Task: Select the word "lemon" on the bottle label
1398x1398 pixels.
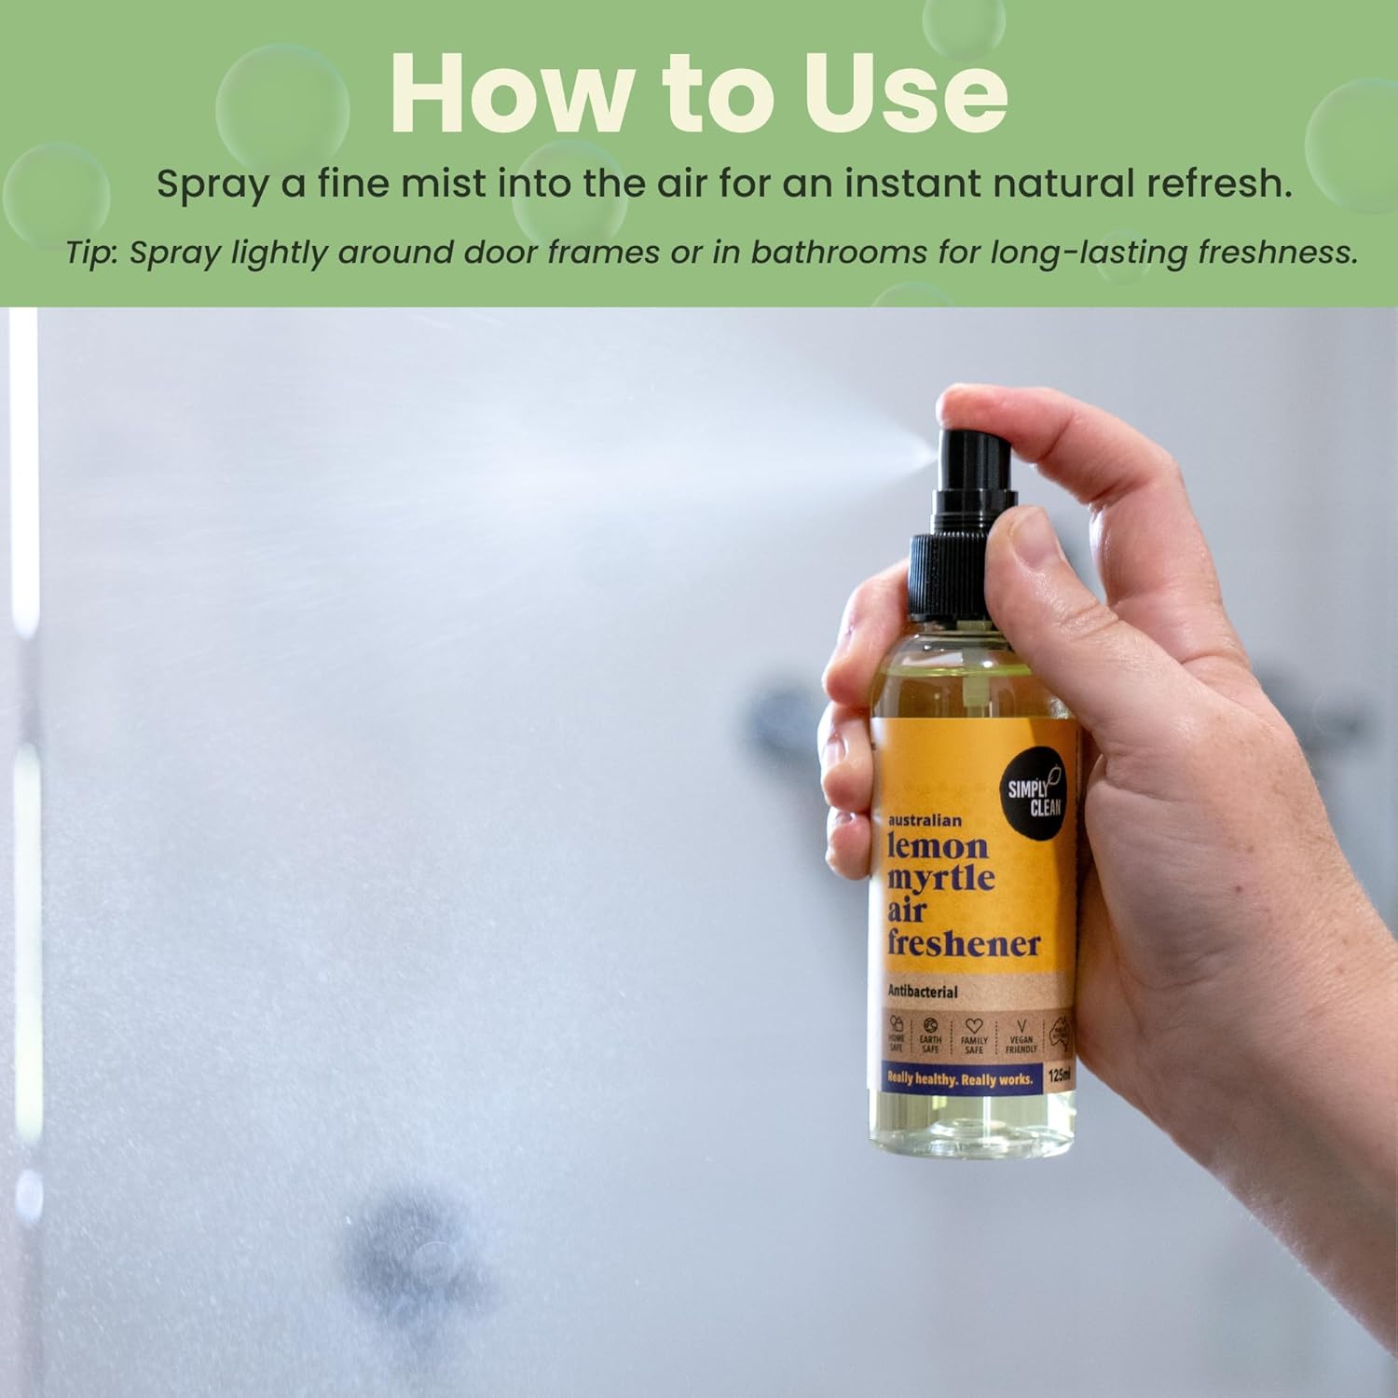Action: click(x=937, y=846)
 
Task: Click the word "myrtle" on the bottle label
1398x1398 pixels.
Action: click(x=940, y=878)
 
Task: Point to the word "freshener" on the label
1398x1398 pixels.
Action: click(x=963, y=943)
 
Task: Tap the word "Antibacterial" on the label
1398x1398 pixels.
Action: click(x=922, y=992)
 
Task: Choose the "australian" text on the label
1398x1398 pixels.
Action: click(x=924, y=820)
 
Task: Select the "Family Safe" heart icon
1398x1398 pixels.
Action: click(x=974, y=1026)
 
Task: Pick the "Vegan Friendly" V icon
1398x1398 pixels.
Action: click(x=1021, y=1026)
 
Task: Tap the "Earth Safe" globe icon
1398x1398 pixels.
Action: click(x=930, y=1025)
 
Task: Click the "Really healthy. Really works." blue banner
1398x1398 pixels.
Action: click(x=960, y=1078)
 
